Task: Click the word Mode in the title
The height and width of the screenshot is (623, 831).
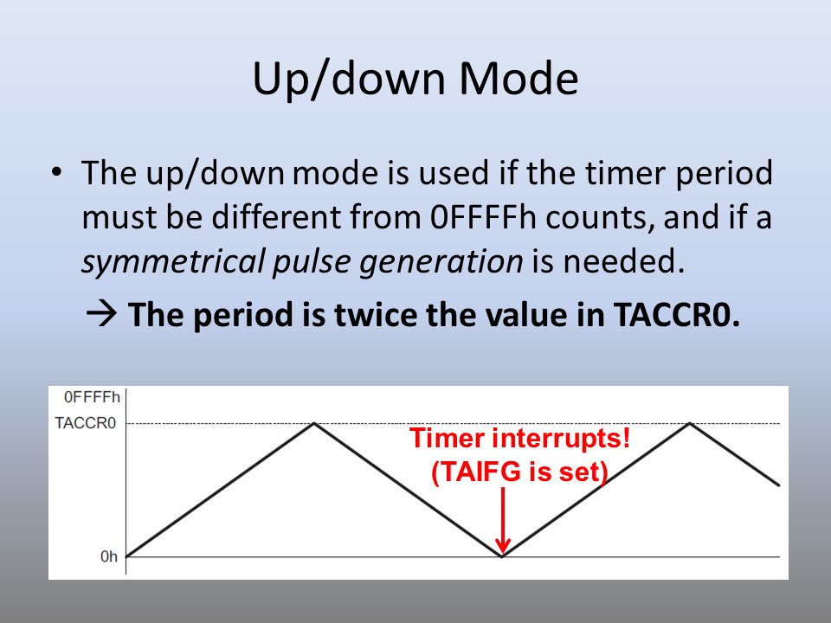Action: pos(519,78)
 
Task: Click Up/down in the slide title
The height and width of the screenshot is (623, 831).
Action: pos(348,80)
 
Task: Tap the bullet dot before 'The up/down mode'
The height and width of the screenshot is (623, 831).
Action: pos(57,172)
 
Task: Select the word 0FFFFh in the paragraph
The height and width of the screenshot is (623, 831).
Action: pos(483,217)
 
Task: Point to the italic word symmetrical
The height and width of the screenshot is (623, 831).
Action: pos(173,261)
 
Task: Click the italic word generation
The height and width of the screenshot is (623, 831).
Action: pos(441,262)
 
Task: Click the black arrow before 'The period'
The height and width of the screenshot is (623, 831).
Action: pos(101,314)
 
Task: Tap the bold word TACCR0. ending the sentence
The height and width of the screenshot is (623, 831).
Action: pos(677,314)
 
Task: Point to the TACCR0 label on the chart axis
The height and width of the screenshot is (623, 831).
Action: pos(86,423)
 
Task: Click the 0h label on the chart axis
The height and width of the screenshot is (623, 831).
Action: pos(109,556)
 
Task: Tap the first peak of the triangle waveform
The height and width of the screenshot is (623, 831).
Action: pos(314,423)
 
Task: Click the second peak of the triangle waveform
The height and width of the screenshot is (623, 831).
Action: pos(690,423)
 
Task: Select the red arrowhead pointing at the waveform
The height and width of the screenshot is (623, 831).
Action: pos(502,547)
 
